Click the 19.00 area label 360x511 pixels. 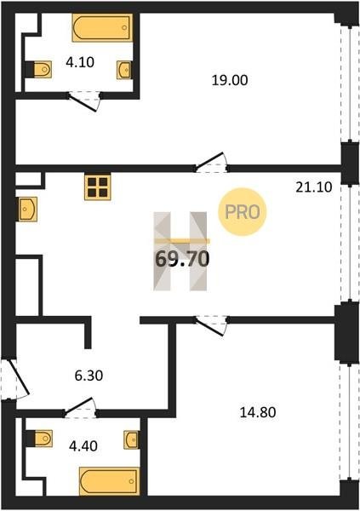[230, 80]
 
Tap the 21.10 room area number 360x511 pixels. [314, 187]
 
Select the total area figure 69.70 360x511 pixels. [182, 260]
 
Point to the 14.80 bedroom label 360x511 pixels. [258, 412]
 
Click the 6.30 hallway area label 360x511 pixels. [89, 376]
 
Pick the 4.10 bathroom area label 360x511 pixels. [80, 62]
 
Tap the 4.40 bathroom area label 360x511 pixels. [83, 446]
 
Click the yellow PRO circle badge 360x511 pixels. [242, 212]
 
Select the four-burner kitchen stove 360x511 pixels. [98, 187]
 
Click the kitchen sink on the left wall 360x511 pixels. [28, 209]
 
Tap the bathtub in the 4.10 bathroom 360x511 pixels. [103, 28]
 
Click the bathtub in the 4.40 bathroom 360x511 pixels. [109, 481]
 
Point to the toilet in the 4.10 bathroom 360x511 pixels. [39, 70]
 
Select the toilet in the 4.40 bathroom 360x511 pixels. [39, 439]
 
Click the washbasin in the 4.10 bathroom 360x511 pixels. [124, 70]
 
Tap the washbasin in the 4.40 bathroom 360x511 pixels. [131, 439]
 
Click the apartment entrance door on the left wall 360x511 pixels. [16, 379]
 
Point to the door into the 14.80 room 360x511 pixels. [212, 325]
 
